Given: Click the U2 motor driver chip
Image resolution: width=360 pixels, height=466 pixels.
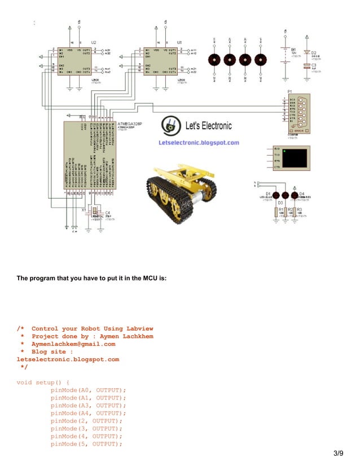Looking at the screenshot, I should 74,61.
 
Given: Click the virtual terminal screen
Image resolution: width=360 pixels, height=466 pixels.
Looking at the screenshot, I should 295,159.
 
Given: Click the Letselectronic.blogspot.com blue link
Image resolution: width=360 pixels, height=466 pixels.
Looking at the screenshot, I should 199,143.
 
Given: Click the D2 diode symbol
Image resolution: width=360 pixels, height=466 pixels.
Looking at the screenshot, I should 307,52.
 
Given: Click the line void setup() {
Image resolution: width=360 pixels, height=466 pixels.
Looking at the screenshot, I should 43,382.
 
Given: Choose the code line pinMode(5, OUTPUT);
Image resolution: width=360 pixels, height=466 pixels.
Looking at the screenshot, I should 86,444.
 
